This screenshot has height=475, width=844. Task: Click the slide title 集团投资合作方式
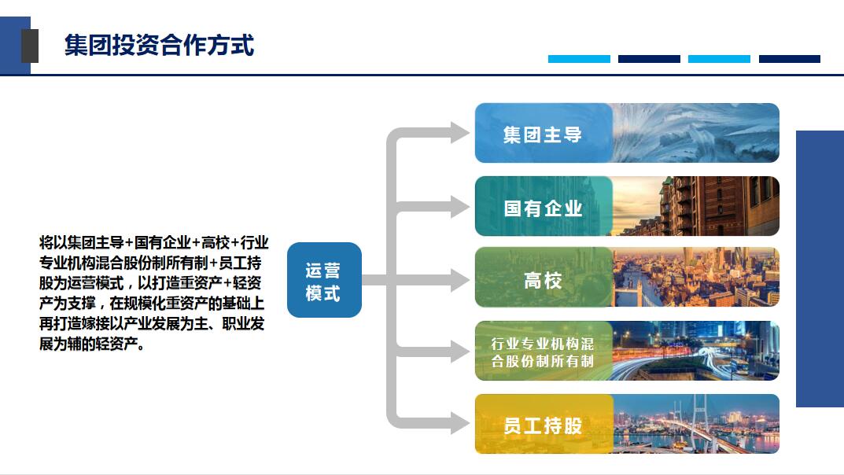pyautogui.click(x=159, y=45)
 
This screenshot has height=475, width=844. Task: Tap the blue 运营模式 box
pyautogui.click(x=324, y=280)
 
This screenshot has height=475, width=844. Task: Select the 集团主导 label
pyautogui.click(x=543, y=134)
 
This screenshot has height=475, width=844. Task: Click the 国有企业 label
pyautogui.click(x=543, y=208)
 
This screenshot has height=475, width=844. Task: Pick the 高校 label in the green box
pyautogui.click(x=543, y=280)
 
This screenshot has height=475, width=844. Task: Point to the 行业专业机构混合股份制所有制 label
pyautogui.click(x=543, y=352)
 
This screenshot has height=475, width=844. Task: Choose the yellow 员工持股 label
pyautogui.click(x=543, y=425)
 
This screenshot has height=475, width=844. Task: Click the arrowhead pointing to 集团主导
pyautogui.click(x=460, y=132)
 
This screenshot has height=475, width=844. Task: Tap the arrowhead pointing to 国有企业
pyautogui.click(x=460, y=207)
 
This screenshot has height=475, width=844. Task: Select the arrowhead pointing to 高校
pyautogui.click(x=460, y=280)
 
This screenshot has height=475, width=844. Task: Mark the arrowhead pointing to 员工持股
pyautogui.click(x=460, y=423)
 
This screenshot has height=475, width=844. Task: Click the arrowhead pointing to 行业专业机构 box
pyautogui.click(x=460, y=352)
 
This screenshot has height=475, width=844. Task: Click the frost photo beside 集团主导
pyautogui.click(x=696, y=133)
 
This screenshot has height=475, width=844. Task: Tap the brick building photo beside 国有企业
pyautogui.click(x=696, y=206)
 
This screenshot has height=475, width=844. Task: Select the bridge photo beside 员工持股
pyautogui.click(x=696, y=424)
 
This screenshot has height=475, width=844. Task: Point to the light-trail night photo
pyautogui.click(x=696, y=351)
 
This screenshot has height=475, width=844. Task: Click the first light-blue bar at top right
pyautogui.click(x=579, y=59)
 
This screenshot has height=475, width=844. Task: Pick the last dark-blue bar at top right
pyautogui.click(x=790, y=59)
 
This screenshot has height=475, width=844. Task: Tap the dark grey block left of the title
pyautogui.click(x=30, y=46)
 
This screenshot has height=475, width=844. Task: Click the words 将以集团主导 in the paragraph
pyautogui.click(x=82, y=242)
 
